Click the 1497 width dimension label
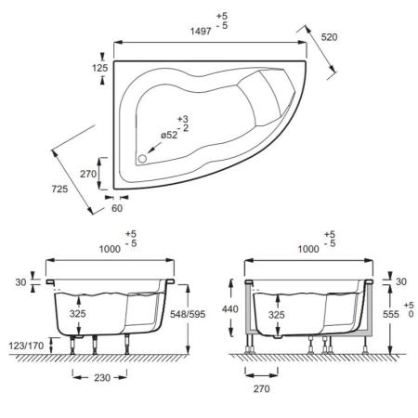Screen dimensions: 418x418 coord(201,32)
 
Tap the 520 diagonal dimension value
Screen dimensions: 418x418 coord(329,37)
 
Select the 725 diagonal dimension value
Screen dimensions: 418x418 coord(59,189)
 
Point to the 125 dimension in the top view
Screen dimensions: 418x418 coord(100,68)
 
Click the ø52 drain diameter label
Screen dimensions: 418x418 coord(169,135)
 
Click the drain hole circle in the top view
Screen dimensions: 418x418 coord(142,159)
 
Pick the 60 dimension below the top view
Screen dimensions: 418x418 coord(117,208)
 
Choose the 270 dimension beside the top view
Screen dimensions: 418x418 coord(88,174)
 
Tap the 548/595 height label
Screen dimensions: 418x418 coord(188,314)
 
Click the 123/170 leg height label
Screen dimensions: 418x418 coord(26,346)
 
